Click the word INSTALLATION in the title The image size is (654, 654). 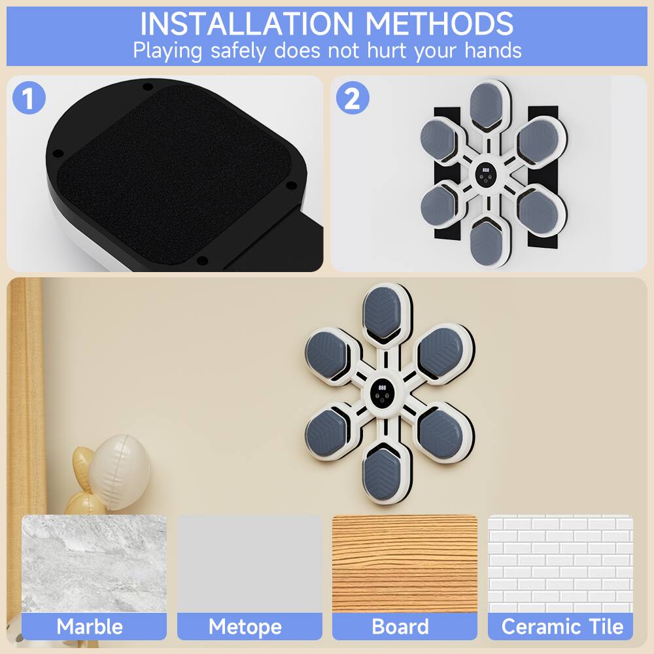248,24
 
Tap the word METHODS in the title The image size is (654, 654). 439,24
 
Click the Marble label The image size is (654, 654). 90,627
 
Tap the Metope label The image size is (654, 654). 245,627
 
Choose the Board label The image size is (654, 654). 400,627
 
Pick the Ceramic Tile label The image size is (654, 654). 562,627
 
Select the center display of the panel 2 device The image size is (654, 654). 487,172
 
